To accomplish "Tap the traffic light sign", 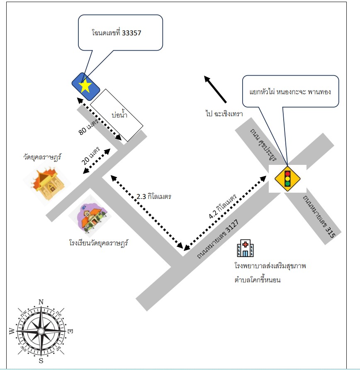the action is [x=287, y=179].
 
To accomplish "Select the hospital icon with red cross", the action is [x=245, y=248].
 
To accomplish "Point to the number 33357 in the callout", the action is [x=131, y=33].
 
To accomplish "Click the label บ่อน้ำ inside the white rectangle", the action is [x=119, y=115].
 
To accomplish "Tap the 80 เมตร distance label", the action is [x=88, y=127].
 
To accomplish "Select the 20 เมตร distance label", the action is [x=91, y=156].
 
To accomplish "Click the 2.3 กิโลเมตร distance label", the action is [x=153, y=196].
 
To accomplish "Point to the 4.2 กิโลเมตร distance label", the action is [x=223, y=207].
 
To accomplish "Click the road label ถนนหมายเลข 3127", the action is [x=218, y=239].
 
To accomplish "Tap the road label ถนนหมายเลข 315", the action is [x=319, y=216].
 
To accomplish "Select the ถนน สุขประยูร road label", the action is [x=263, y=145].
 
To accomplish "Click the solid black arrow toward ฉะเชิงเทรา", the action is [x=215, y=89].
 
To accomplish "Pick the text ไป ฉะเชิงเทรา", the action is [x=224, y=113].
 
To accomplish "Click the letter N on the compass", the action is [x=41, y=302].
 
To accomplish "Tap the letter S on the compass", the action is [x=41, y=360].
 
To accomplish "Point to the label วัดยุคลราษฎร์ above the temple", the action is [x=42, y=157].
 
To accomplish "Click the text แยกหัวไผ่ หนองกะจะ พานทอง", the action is [x=290, y=91].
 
